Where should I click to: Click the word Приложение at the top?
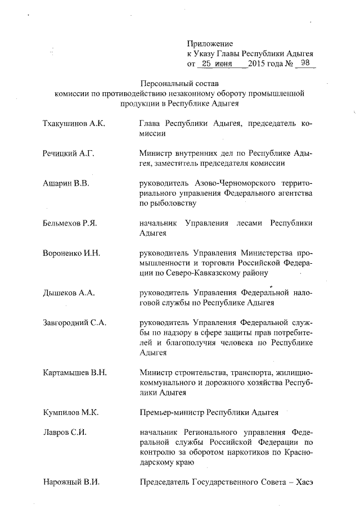tap(210, 43)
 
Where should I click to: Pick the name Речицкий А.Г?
tap(69, 153)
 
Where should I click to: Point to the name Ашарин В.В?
tap(66, 183)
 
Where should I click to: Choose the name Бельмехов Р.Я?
tap(70, 223)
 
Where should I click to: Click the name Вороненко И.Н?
tap(71, 253)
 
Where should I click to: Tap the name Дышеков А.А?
tap(68, 293)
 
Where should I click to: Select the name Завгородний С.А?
tap(74, 323)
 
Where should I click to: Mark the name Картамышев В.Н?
tap(75, 373)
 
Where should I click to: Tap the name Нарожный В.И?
tap(70, 482)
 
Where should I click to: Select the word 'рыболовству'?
tap(168, 203)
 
